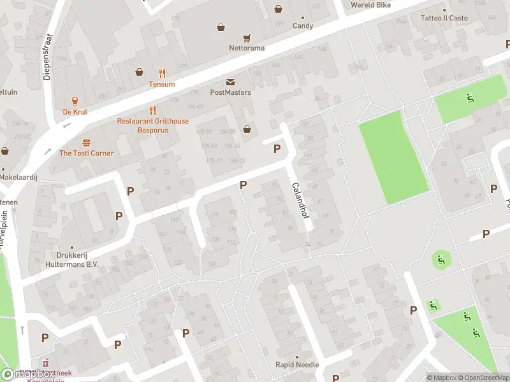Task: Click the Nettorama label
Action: tap(247, 48)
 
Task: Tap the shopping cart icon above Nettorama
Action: tap(247, 38)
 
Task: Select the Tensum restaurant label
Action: tap(162, 84)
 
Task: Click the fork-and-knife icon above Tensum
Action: tap(162, 73)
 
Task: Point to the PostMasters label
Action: tap(230, 92)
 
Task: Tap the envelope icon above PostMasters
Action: tap(230, 82)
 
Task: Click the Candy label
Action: tap(303, 26)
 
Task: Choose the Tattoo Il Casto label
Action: tap(444, 18)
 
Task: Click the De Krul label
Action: tap(75, 111)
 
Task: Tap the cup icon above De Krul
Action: tap(75, 101)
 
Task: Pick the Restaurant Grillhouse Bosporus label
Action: tap(153, 125)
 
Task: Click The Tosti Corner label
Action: tap(86, 153)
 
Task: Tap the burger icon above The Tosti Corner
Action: tap(86, 143)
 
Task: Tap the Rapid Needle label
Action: tap(296, 365)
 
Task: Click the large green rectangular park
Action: tap(393, 157)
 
